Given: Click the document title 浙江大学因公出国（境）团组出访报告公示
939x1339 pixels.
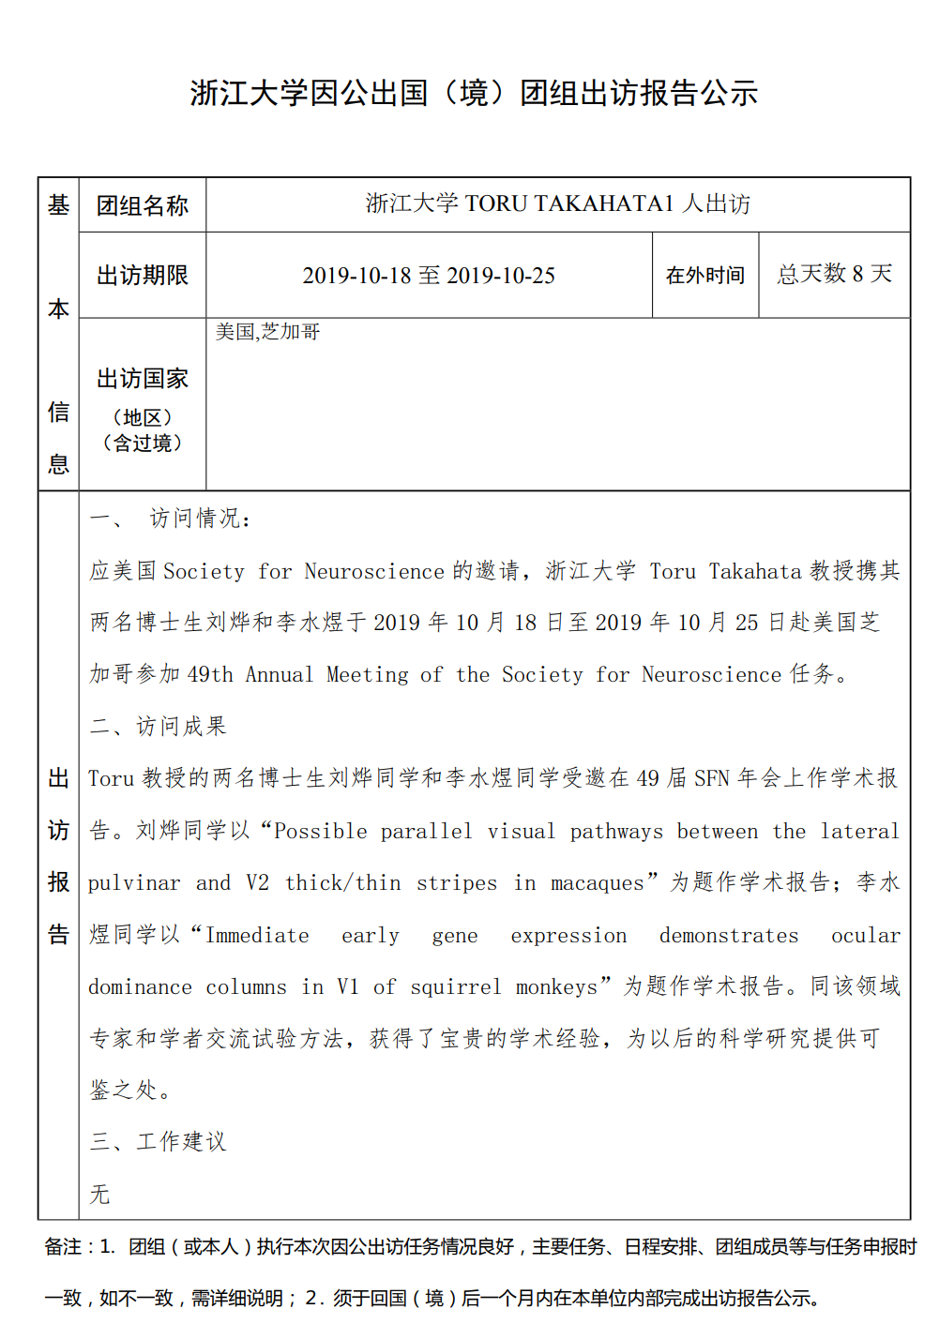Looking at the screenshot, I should click(x=474, y=93).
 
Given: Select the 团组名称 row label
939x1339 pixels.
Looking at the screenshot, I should click(x=143, y=205).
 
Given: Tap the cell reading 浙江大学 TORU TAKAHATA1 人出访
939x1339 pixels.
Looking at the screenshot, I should click(x=557, y=203).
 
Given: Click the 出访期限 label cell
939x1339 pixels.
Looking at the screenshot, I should click(x=143, y=275).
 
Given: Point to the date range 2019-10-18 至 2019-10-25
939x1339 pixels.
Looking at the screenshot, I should click(x=429, y=276).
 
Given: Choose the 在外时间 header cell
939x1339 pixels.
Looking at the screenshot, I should click(x=704, y=276).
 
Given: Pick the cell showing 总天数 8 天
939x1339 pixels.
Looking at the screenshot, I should click(x=834, y=274).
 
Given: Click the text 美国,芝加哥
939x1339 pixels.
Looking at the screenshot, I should click(x=267, y=332).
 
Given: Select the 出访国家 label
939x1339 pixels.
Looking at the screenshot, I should click(x=143, y=379).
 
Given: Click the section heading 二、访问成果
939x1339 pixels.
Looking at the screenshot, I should click(x=158, y=726).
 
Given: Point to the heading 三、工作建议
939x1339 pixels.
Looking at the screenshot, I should click(x=158, y=1141).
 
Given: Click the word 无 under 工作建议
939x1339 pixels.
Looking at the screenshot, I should click(x=99, y=1194).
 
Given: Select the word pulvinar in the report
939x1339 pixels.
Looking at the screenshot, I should click(x=133, y=883).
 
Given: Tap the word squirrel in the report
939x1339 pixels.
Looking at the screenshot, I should click(x=456, y=987).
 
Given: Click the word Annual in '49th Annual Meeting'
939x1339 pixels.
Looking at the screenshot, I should click(x=280, y=675).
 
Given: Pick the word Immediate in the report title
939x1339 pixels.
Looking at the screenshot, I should click(x=257, y=936).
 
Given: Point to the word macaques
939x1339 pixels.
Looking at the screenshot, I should click(x=597, y=883).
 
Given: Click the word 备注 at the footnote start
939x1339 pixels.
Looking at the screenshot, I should click(x=63, y=1247).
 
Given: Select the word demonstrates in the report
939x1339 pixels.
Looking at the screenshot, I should click(x=729, y=936).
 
